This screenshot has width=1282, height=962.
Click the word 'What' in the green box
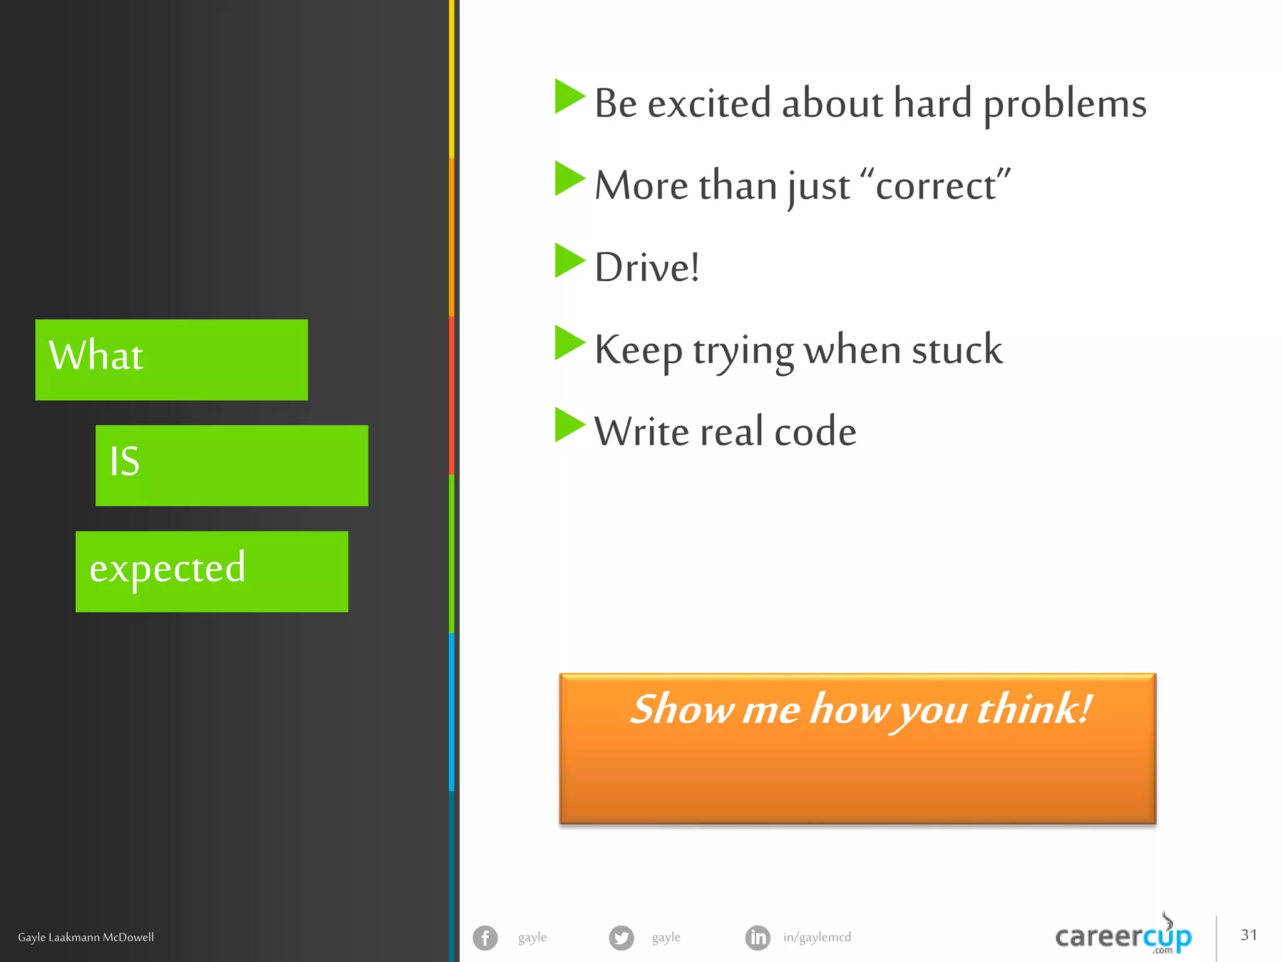[x=96, y=356]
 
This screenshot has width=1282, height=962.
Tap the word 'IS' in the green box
[x=125, y=462]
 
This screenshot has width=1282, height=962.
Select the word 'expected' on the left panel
[x=167, y=569]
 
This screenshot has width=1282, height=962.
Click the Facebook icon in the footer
[x=485, y=938]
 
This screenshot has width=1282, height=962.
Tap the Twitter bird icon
[x=621, y=938]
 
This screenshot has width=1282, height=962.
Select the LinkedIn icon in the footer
[x=757, y=938]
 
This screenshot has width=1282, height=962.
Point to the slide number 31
[x=1249, y=935]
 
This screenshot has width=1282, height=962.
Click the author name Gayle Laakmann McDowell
[x=86, y=938]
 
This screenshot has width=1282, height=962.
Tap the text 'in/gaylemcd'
[x=817, y=938]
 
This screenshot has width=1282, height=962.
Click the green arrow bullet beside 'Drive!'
[x=569, y=261]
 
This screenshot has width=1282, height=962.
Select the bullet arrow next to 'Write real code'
[x=569, y=425]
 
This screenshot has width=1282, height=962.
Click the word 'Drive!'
[x=647, y=268]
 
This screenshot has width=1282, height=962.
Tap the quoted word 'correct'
[x=936, y=186]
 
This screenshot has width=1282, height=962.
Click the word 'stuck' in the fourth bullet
[x=957, y=349]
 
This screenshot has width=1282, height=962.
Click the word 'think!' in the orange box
[x=1034, y=710]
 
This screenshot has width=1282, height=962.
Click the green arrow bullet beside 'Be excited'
[x=569, y=96]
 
